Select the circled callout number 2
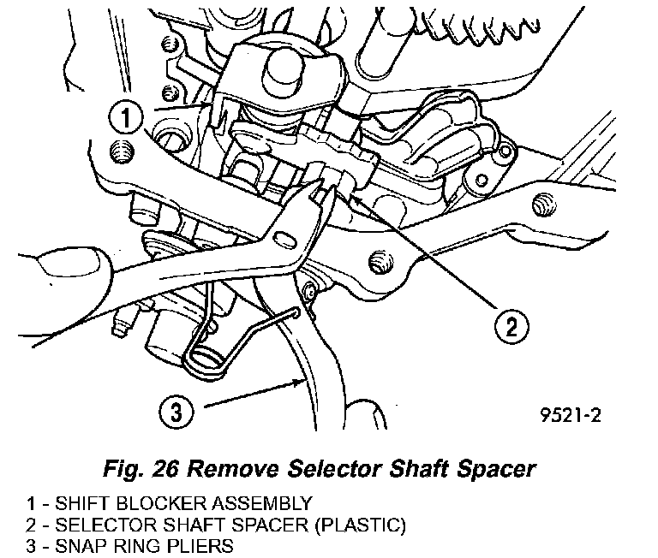[510, 325]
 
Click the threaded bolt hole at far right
[541, 204]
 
